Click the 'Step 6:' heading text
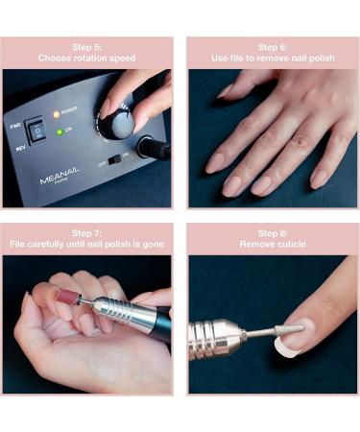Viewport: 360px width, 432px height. pyautogui.click(x=273, y=46)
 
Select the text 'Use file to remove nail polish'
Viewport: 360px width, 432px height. pyautogui.click(x=273, y=58)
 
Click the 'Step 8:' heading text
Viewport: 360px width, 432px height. pyautogui.click(x=273, y=232)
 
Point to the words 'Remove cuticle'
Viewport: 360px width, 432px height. pyautogui.click(x=273, y=244)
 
